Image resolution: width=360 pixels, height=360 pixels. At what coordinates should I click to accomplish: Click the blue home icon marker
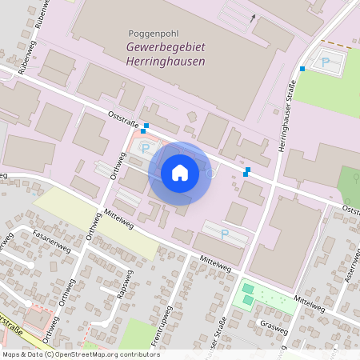pyautogui.click(x=180, y=173)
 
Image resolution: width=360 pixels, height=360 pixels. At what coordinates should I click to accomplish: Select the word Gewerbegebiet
pyautogui.click(x=166, y=47)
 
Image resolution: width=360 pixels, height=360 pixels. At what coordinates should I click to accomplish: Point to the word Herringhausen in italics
pyautogui.click(x=166, y=61)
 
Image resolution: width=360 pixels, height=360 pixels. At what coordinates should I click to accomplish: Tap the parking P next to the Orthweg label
pyautogui.click(x=145, y=147)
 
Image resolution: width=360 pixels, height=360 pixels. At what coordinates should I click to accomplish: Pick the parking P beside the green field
pyautogui.click(x=326, y=61)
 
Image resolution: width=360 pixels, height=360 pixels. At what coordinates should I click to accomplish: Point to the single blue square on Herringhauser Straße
pyautogui.click(x=302, y=69)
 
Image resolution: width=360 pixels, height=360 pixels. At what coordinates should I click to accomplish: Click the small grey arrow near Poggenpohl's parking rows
pyautogui.click(x=254, y=16)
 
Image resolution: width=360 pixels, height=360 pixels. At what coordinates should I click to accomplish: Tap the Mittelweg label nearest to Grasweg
pyautogui.click(x=309, y=302)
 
